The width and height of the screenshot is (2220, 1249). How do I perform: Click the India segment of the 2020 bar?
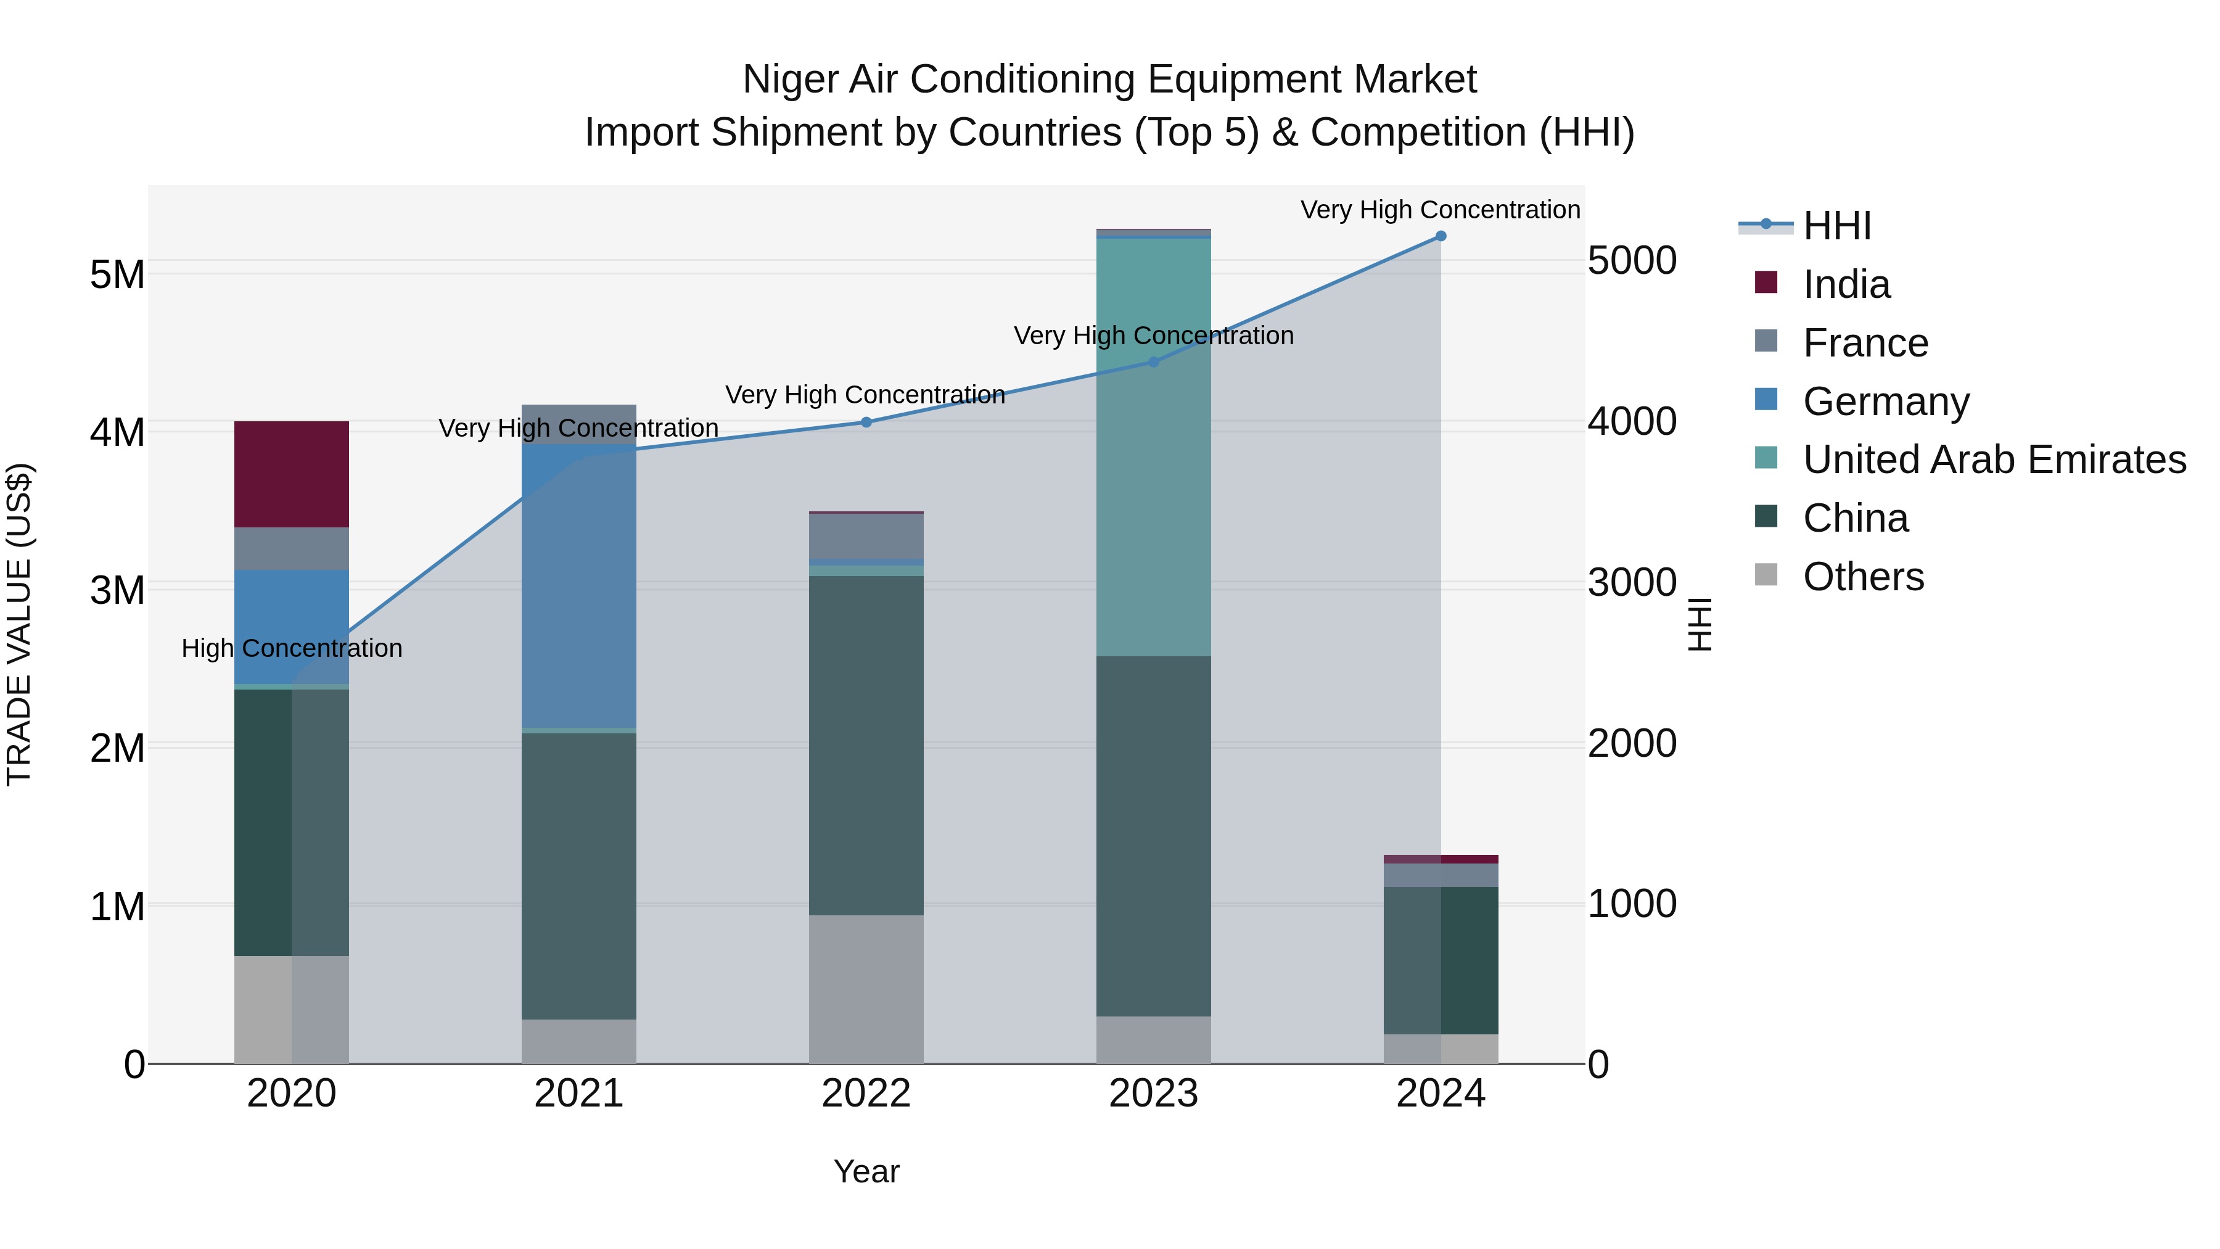coord(291,474)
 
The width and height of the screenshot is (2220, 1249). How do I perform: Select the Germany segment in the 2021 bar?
coord(578,586)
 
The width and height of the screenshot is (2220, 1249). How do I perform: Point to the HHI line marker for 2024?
coord(1440,236)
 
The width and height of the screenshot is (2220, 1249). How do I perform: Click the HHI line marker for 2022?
coord(866,423)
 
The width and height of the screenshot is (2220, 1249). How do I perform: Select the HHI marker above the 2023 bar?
coord(1153,362)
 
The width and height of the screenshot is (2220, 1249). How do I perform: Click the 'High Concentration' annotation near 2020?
coord(291,648)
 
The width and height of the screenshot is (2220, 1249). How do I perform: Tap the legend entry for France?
coord(1865,343)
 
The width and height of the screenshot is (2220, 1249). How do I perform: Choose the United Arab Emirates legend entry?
coord(1994,460)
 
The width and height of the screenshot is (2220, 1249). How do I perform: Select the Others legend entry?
coord(1862,577)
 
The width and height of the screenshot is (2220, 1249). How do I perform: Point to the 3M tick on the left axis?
coord(117,590)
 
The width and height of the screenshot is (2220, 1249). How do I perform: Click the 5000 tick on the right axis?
coord(1631,260)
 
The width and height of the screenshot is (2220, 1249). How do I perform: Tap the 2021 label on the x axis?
coord(578,1094)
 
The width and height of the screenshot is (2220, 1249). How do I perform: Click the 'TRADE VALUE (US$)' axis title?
coord(19,624)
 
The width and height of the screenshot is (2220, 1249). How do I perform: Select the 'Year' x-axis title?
coord(866,1171)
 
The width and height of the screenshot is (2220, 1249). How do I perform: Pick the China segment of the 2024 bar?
coord(1440,960)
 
